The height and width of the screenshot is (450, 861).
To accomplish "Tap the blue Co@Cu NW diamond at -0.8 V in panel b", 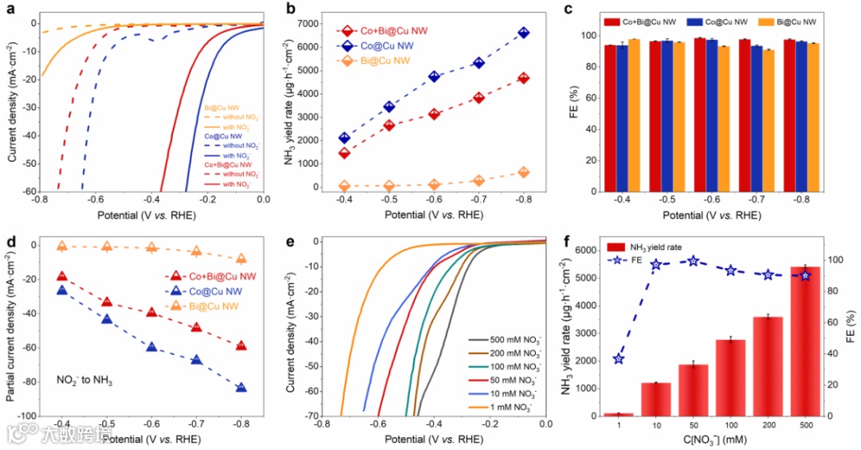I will (x=523, y=33).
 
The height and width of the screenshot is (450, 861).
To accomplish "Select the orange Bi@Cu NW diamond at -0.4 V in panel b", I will (x=344, y=185).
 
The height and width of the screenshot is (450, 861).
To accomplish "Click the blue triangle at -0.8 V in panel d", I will (x=241, y=387).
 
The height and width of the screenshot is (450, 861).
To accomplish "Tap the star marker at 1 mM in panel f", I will (x=618, y=359).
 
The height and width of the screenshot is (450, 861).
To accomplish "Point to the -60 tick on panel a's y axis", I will (x=33, y=192).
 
